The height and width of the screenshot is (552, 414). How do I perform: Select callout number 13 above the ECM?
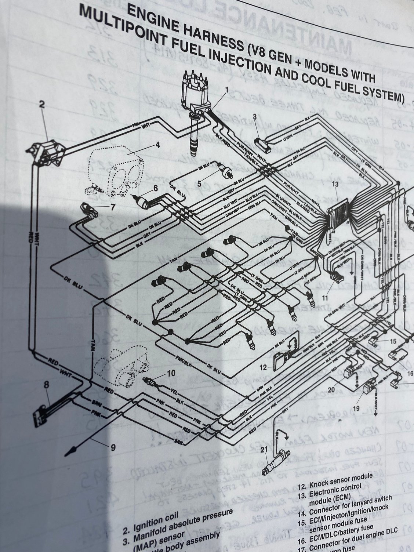(x=334, y=184)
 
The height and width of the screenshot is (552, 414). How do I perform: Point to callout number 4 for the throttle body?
(x=157, y=145)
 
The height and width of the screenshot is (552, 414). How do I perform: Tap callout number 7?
(x=113, y=207)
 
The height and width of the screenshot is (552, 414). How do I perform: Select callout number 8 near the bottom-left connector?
(x=46, y=385)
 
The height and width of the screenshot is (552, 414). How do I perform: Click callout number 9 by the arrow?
(x=113, y=447)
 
